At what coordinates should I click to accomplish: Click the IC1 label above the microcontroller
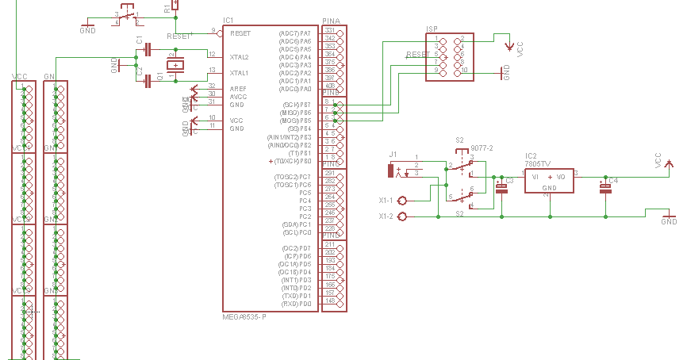click(228, 20)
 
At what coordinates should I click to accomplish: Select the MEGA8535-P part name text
click(244, 316)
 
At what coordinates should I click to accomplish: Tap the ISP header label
click(432, 29)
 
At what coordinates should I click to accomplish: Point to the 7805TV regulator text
click(537, 163)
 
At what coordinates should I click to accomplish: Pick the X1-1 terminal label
click(386, 201)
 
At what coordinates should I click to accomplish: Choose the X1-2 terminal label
click(386, 216)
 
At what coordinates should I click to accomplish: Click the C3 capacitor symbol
click(501, 188)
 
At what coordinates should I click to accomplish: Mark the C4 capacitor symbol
click(605, 188)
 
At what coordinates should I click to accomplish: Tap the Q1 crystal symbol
click(172, 65)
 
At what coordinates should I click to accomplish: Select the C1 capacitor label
click(140, 40)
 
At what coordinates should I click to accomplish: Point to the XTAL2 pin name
click(239, 57)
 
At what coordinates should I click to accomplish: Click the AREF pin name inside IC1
click(237, 88)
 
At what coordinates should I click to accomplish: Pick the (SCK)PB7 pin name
click(297, 105)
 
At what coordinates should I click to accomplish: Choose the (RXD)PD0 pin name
click(297, 304)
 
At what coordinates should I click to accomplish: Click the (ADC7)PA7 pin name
click(295, 33)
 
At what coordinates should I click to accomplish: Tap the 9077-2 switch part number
click(482, 148)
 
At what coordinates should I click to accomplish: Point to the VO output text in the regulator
click(560, 176)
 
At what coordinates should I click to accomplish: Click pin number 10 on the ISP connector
click(464, 71)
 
